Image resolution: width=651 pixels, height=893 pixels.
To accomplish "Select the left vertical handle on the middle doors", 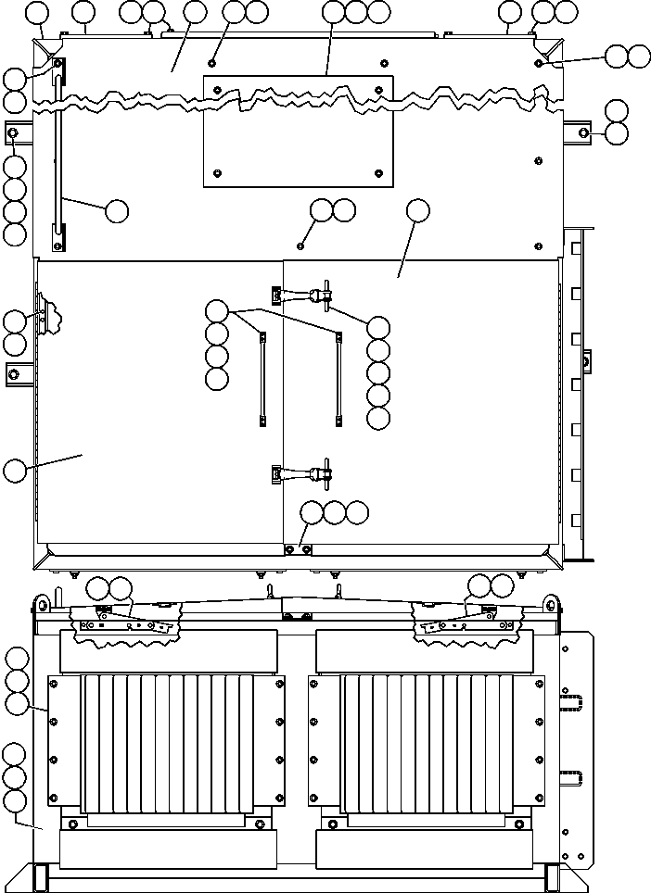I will [x=262, y=379].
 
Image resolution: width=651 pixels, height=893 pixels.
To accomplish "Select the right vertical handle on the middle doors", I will [x=338, y=379].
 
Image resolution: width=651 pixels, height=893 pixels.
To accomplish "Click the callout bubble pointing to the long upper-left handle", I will [x=116, y=211].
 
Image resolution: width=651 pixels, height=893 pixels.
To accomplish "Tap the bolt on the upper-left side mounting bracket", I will [x=13, y=133].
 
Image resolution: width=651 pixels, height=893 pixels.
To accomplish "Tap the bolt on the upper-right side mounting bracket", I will [x=584, y=133].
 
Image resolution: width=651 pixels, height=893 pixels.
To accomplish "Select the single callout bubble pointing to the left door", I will [x=14, y=470].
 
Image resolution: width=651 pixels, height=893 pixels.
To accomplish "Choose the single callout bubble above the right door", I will [x=418, y=211].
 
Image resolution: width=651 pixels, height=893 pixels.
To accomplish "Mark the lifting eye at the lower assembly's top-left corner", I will [x=41, y=606].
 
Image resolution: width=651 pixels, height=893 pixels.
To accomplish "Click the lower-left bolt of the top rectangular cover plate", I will [x=217, y=172].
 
